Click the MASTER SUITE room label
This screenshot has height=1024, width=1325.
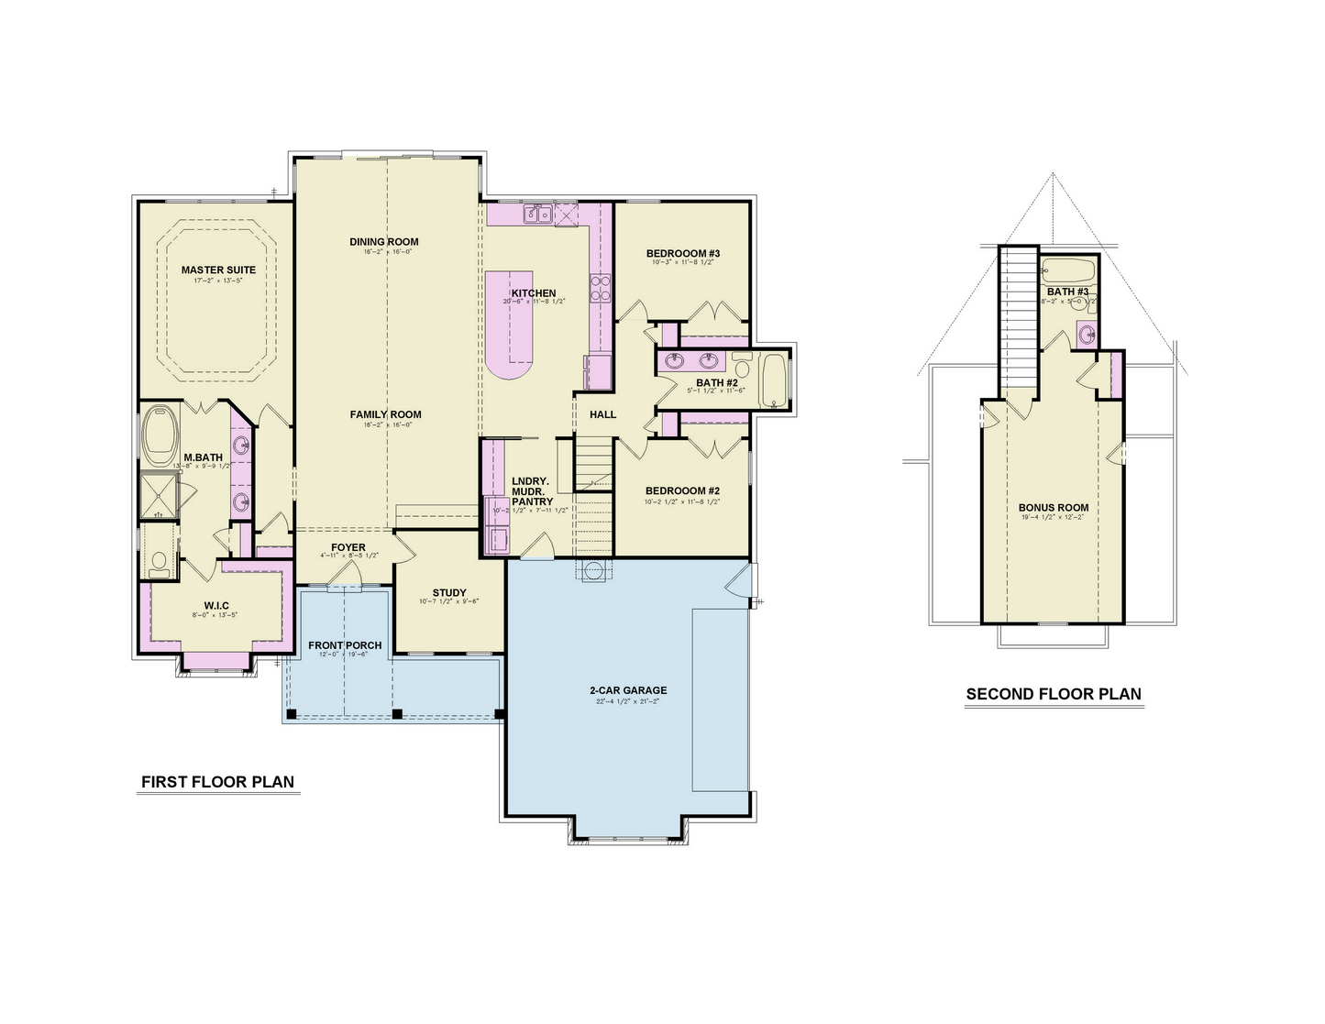[x=218, y=270]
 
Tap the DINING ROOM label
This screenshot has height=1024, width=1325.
[x=383, y=242]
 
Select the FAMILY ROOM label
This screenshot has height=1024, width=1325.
[x=385, y=414]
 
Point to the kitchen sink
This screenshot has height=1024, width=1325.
[x=536, y=215]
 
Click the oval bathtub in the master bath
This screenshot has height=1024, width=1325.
[x=162, y=436]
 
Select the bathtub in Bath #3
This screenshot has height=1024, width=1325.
[x=1069, y=270]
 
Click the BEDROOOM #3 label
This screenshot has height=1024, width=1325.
[x=683, y=253]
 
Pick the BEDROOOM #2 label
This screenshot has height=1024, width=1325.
[x=682, y=490]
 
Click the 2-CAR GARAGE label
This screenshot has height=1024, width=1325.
[x=628, y=690]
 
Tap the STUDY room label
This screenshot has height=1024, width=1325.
[x=449, y=592]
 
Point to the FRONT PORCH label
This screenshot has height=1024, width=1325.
[x=345, y=645]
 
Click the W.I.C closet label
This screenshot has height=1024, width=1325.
[x=216, y=605]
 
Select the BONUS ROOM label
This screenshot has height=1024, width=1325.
[x=1054, y=507]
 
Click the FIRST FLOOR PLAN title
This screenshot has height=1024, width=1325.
[x=217, y=782]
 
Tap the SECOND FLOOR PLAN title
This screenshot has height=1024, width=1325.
[x=1054, y=694]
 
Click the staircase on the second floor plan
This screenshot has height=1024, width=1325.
[x=1018, y=321]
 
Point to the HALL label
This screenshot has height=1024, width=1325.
[x=602, y=414]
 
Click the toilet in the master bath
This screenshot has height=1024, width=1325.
[x=159, y=561]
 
